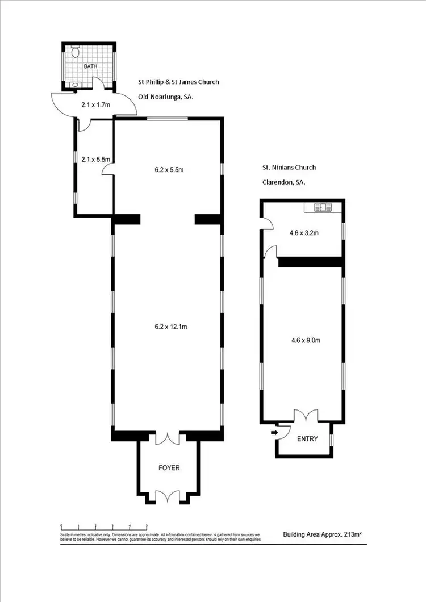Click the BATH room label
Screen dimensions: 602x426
tap(91, 66)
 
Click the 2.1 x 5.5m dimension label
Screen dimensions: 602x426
tap(95, 160)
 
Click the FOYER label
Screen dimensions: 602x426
tap(169, 468)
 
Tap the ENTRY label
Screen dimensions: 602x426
tap(307, 439)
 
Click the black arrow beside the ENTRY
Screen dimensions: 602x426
tap(274, 433)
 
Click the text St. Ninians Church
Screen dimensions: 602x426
tap(289, 168)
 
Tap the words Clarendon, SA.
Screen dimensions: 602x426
tap(283, 182)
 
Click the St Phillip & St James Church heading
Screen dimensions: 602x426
tap(178, 82)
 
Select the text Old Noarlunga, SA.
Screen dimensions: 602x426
tap(165, 97)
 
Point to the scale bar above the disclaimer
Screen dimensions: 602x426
tap(104, 525)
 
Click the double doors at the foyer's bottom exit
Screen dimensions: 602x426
tap(169, 495)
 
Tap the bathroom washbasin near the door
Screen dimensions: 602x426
tap(76, 85)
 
